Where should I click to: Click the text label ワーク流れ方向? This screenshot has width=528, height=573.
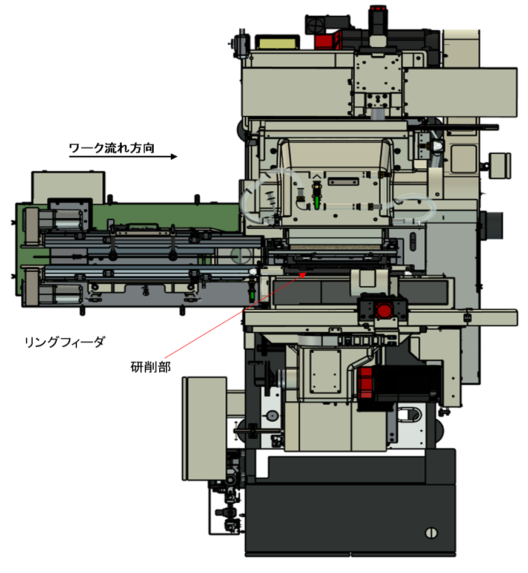[111, 148]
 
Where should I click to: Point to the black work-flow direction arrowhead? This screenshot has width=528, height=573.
[174, 156]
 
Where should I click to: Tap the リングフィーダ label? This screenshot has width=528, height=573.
[65, 342]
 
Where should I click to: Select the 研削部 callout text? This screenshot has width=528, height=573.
[151, 367]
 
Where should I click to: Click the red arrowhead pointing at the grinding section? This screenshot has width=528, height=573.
[303, 275]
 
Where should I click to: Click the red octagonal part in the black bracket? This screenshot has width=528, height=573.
[383, 310]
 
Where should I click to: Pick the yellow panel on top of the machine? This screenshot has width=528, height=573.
[277, 42]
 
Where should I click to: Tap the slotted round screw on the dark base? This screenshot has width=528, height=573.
[432, 533]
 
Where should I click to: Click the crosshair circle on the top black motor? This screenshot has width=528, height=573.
[315, 25]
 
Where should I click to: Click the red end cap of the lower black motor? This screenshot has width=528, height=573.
[365, 382]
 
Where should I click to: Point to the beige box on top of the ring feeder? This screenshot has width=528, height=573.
[68, 187]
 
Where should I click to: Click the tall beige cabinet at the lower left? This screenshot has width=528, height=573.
[205, 428]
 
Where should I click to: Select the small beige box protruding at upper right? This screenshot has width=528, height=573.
[500, 166]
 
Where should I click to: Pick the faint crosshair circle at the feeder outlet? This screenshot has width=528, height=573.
[241, 255]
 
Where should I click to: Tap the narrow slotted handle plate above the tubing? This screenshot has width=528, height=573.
[343, 182]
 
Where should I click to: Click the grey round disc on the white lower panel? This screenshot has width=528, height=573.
[272, 416]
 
